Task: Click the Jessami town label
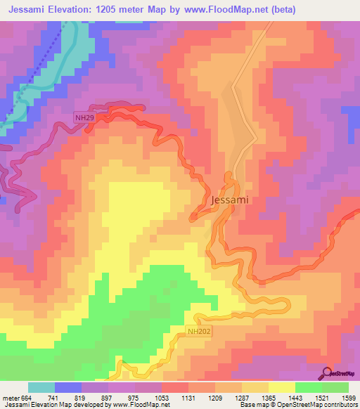click(x=230, y=200)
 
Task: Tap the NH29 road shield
click(x=85, y=118)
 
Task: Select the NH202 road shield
click(x=199, y=330)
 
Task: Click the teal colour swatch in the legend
click(x=41, y=388)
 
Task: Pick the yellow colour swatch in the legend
click(x=281, y=388)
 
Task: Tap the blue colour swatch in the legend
click(x=68, y=388)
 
